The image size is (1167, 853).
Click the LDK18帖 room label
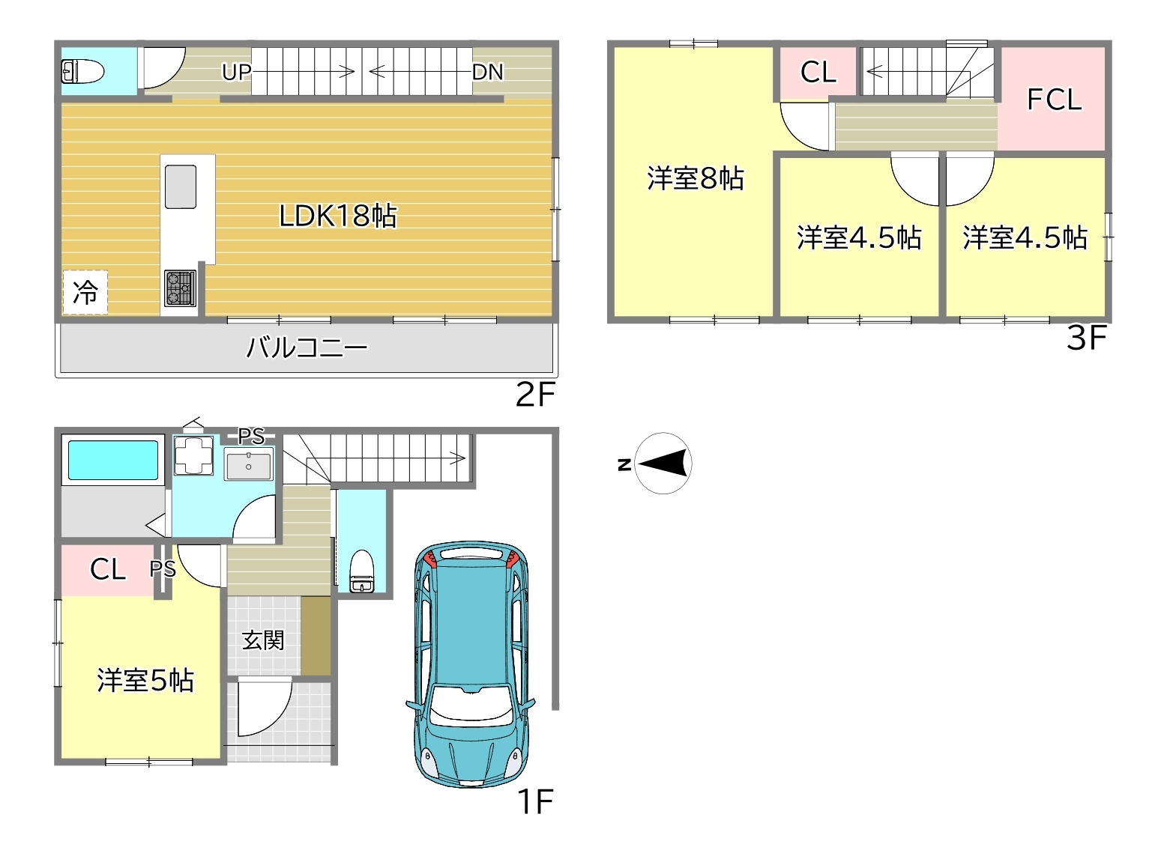pos(337,216)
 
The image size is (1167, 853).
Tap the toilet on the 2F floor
pos(82,72)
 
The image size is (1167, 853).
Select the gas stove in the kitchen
pos(181,288)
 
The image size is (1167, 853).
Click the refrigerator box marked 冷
pos(85,292)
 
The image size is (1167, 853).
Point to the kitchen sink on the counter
pos(181,186)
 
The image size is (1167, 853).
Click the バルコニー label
pos(307,347)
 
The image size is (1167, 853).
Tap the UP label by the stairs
pos(237,73)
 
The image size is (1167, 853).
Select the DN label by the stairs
pos(488,73)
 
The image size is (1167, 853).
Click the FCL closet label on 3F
pos(1054,100)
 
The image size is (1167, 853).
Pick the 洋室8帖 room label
pos(696,178)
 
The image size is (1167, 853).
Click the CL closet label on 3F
pos(818,72)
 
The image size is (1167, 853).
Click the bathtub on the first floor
pos(113,460)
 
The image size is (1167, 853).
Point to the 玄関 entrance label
pos(263,640)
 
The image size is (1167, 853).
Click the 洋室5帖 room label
pos(145,680)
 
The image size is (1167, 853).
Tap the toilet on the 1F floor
pos(361,571)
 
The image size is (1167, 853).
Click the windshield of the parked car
pos(471,706)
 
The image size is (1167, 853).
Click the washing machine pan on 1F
pos(193,456)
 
